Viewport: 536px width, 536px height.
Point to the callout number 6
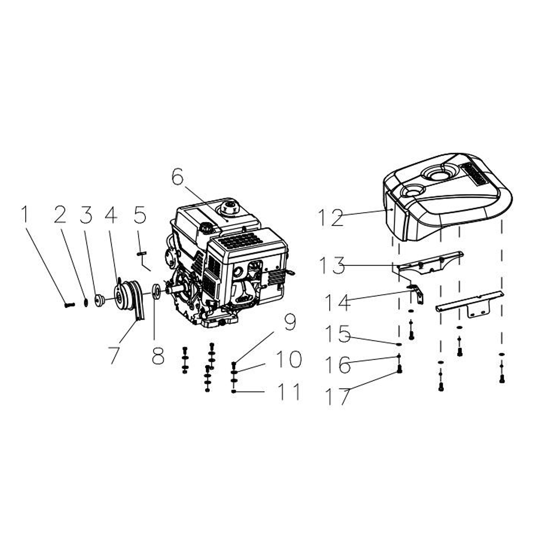click(178, 177)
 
